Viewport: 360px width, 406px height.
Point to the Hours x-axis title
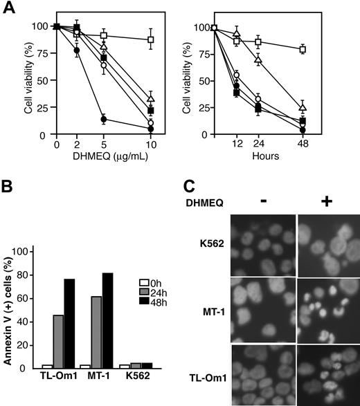click(266, 157)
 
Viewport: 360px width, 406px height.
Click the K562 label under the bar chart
click(138, 379)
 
